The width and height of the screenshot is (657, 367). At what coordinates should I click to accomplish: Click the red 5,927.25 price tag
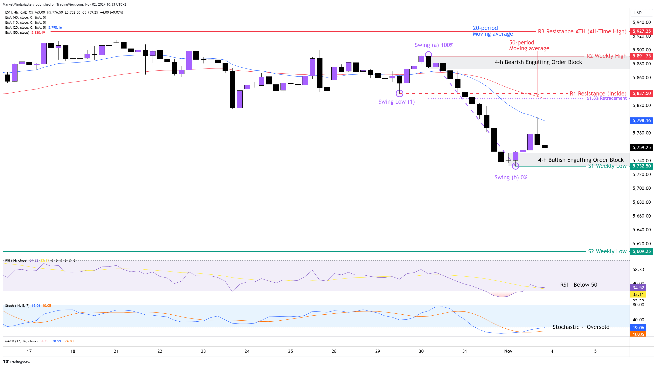pyautogui.click(x=641, y=31)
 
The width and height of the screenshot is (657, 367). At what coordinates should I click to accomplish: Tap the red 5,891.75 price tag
pyautogui.click(x=641, y=56)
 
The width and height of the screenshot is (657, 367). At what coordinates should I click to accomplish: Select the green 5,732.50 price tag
pyautogui.click(x=641, y=166)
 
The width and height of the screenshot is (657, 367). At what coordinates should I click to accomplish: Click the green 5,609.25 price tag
pyautogui.click(x=641, y=251)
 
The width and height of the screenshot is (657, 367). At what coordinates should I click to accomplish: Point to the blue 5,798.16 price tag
pyautogui.click(x=641, y=121)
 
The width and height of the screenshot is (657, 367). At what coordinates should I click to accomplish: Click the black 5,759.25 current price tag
pyautogui.click(x=641, y=147)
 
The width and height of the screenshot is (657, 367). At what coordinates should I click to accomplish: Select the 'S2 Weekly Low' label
pyautogui.click(x=607, y=251)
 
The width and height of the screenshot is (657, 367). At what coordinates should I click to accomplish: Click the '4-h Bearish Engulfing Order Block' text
pyautogui.click(x=538, y=62)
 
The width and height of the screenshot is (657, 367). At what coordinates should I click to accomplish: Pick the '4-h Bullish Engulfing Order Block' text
pyautogui.click(x=581, y=160)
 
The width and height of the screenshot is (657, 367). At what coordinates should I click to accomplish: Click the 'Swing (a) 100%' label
pyautogui.click(x=434, y=45)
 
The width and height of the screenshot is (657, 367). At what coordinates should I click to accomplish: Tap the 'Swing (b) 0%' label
pyautogui.click(x=511, y=178)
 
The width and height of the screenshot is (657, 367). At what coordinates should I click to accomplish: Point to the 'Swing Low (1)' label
pyautogui.click(x=396, y=102)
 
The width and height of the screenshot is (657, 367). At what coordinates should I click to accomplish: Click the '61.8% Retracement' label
pyautogui.click(x=606, y=98)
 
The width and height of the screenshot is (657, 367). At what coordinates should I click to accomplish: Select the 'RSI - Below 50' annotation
pyautogui.click(x=578, y=285)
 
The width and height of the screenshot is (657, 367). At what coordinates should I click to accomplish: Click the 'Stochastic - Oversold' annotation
pyautogui.click(x=581, y=327)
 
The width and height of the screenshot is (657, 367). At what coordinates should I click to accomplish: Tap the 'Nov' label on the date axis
pyautogui.click(x=508, y=351)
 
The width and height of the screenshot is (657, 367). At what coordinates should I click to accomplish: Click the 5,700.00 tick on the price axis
pyautogui.click(x=641, y=188)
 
